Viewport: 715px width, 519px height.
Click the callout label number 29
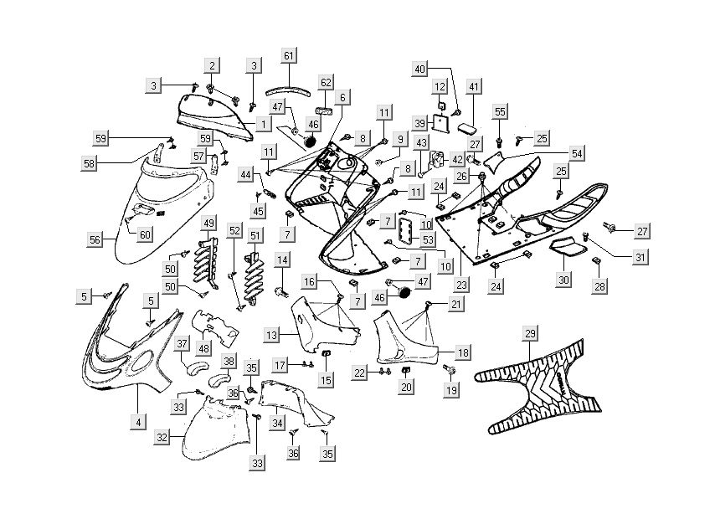(530, 335)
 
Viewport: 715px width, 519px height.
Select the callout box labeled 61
(289, 56)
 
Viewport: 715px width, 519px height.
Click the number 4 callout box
(138, 422)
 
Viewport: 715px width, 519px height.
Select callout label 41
(474, 87)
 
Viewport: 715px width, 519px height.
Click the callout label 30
(563, 280)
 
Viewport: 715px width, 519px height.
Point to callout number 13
(271, 335)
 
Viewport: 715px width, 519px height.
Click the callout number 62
(326, 82)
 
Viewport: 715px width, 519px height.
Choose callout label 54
(578, 153)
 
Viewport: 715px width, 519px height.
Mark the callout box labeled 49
(208, 224)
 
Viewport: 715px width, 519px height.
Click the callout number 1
(262, 124)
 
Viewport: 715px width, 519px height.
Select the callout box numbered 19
(451, 390)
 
